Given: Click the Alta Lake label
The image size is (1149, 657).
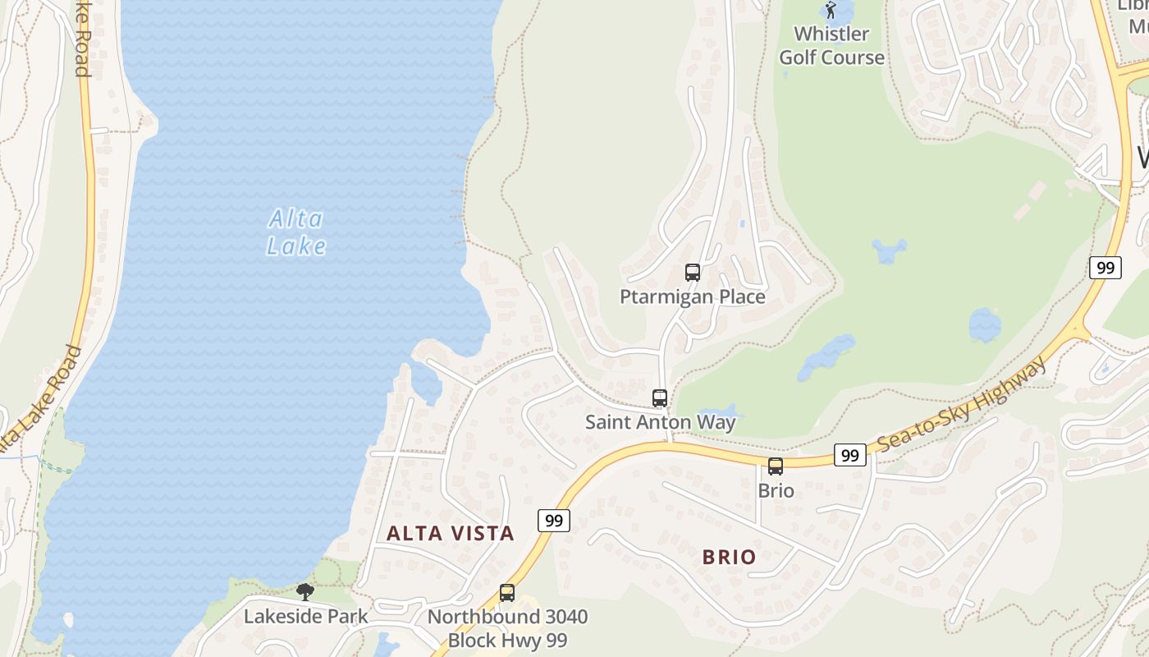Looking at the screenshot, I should [x=296, y=232].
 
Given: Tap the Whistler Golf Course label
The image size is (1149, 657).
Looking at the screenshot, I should [x=831, y=45].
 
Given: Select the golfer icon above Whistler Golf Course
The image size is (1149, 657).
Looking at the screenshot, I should [x=831, y=11].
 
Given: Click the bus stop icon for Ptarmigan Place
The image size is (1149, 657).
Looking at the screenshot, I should [x=693, y=273].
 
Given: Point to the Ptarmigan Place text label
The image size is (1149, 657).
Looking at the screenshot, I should [x=693, y=296].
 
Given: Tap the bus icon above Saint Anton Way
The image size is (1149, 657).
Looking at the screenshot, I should [x=660, y=398].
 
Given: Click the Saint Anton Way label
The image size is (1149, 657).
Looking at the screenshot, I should [x=660, y=422].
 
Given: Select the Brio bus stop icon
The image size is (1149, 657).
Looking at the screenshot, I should [x=776, y=466].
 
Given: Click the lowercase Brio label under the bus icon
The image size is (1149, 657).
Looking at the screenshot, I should [x=776, y=490].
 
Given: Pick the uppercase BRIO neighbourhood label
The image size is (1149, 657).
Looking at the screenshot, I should [x=729, y=557].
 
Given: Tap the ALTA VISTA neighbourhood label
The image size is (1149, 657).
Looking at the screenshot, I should [x=451, y=533].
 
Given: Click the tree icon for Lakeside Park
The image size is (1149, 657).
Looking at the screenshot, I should [x=305, y=591].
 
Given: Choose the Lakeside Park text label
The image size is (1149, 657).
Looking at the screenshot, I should [x=305, y=616].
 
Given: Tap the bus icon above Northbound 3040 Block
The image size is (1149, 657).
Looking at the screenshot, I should [x=507, y=593].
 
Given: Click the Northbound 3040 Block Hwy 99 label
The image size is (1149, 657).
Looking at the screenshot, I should [x=507, y=628].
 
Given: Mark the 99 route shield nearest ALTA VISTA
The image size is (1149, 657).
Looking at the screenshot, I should [x=555, y=520].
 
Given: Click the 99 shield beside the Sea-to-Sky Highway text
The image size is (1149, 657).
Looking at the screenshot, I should [x=850, y=454].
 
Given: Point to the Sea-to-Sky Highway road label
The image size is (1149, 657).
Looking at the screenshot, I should [x=962, y=405].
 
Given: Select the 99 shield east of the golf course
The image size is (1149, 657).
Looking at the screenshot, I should [x=1106, y=267].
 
